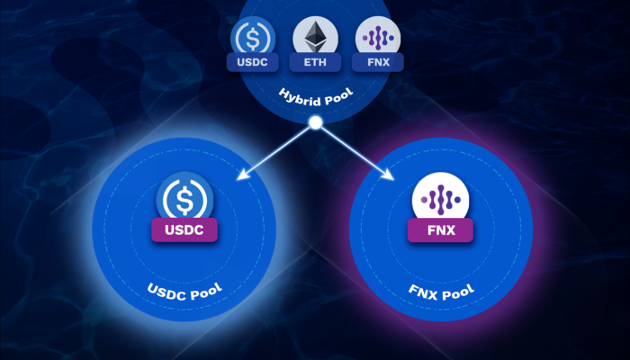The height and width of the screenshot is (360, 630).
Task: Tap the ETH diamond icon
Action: tap(314, 38)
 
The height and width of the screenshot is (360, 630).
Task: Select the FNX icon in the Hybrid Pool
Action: tap(378, 38)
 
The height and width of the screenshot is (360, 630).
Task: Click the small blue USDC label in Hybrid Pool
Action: tap(253, 63)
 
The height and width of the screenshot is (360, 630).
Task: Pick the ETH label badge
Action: tap(314, 63)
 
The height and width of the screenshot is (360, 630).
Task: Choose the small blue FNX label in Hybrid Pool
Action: tap(378, 63)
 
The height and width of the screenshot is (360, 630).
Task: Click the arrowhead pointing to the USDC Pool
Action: tap(240, 176)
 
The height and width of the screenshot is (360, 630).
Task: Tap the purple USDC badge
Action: tap(184, 231)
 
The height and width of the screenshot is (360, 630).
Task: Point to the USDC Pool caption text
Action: tap(185, 292)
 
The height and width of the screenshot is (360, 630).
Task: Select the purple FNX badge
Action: tap(438, 231)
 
